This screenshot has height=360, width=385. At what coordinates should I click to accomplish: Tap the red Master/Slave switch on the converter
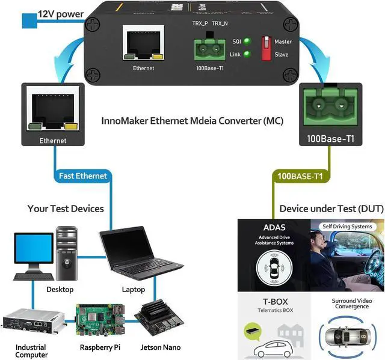pyautogui.click(x=265, y=48)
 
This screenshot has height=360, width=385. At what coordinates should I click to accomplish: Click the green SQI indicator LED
pyautogui.click(x=247, y=41)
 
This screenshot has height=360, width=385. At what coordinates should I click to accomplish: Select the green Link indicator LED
pyautogui.click(x=247, y=55)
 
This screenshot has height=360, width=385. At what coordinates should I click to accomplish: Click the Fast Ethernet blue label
pyautogui.click(x=83, y=176)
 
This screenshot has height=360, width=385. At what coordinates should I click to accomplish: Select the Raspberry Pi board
pyautogui.click(x=98, y=321)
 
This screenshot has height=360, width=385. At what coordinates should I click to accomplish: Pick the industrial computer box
pyautogui.click(x=33, y=324)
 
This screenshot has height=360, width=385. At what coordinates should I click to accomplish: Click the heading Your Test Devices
pyautogui.click(x=66, y=209)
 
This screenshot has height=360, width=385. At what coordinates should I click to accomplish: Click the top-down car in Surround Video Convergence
pyautogui.click(x=349, y=338)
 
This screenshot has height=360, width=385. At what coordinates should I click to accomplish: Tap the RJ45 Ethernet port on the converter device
pyautogui.click(x=144, y=43)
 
